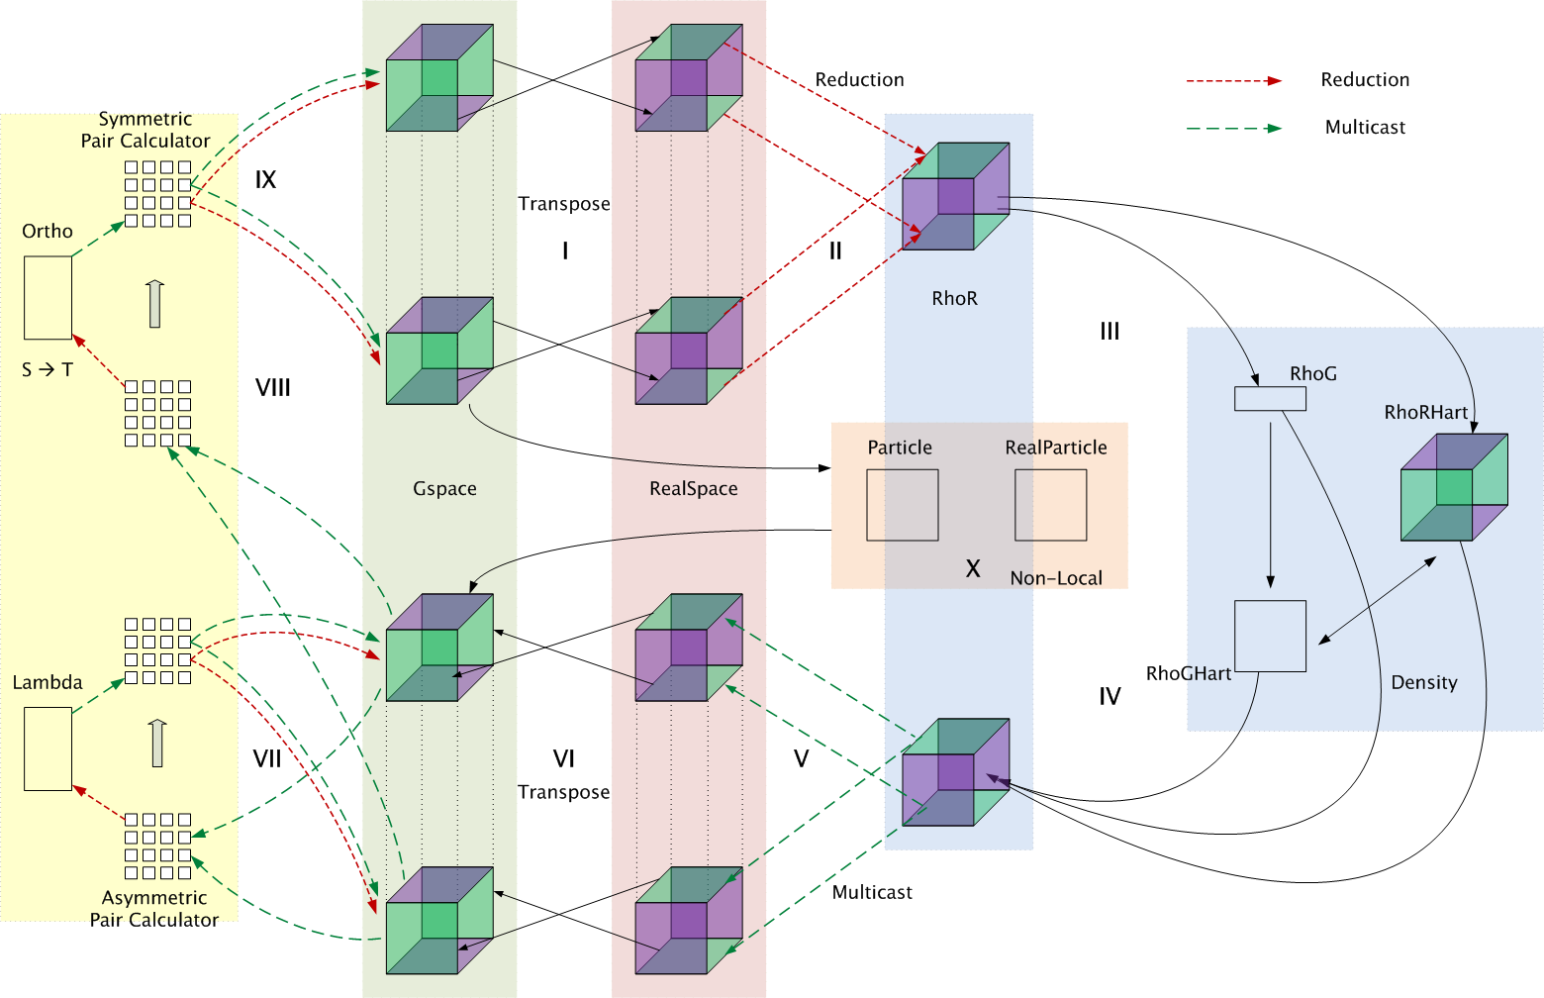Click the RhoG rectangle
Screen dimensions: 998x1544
(x=1270, y=398)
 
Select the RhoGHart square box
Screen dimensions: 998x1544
(x=1270, y=636)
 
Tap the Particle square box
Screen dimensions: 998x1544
(x=902, y=505)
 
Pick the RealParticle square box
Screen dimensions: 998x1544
(x=1050, y=505)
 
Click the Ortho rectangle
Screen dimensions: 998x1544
(x=48, y=298)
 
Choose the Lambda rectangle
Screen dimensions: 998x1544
(x=48, y=748)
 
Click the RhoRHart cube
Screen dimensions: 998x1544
(x=1454, y=487)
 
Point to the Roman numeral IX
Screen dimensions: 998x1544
(x=265, y=180)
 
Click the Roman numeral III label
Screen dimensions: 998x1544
(x=1110, y=332)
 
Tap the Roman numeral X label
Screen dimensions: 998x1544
(x=973, y=569)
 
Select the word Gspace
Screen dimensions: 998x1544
(x=444, y=489)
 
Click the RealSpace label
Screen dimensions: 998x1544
(x=693, y=489)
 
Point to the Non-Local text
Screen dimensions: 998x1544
(x=1056, y=578)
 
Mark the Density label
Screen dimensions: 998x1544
(x=1423, y=682)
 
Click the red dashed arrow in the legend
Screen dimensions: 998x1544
(x=1233, y=80)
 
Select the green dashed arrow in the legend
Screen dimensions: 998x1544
(x=1233, y=128)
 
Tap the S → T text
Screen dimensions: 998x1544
(x=48, y=370)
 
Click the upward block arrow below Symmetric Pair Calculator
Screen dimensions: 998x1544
(x=154, y=304)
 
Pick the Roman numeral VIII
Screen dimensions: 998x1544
(x=273, y=388)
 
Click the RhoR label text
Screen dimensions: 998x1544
(x=954, y=298)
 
